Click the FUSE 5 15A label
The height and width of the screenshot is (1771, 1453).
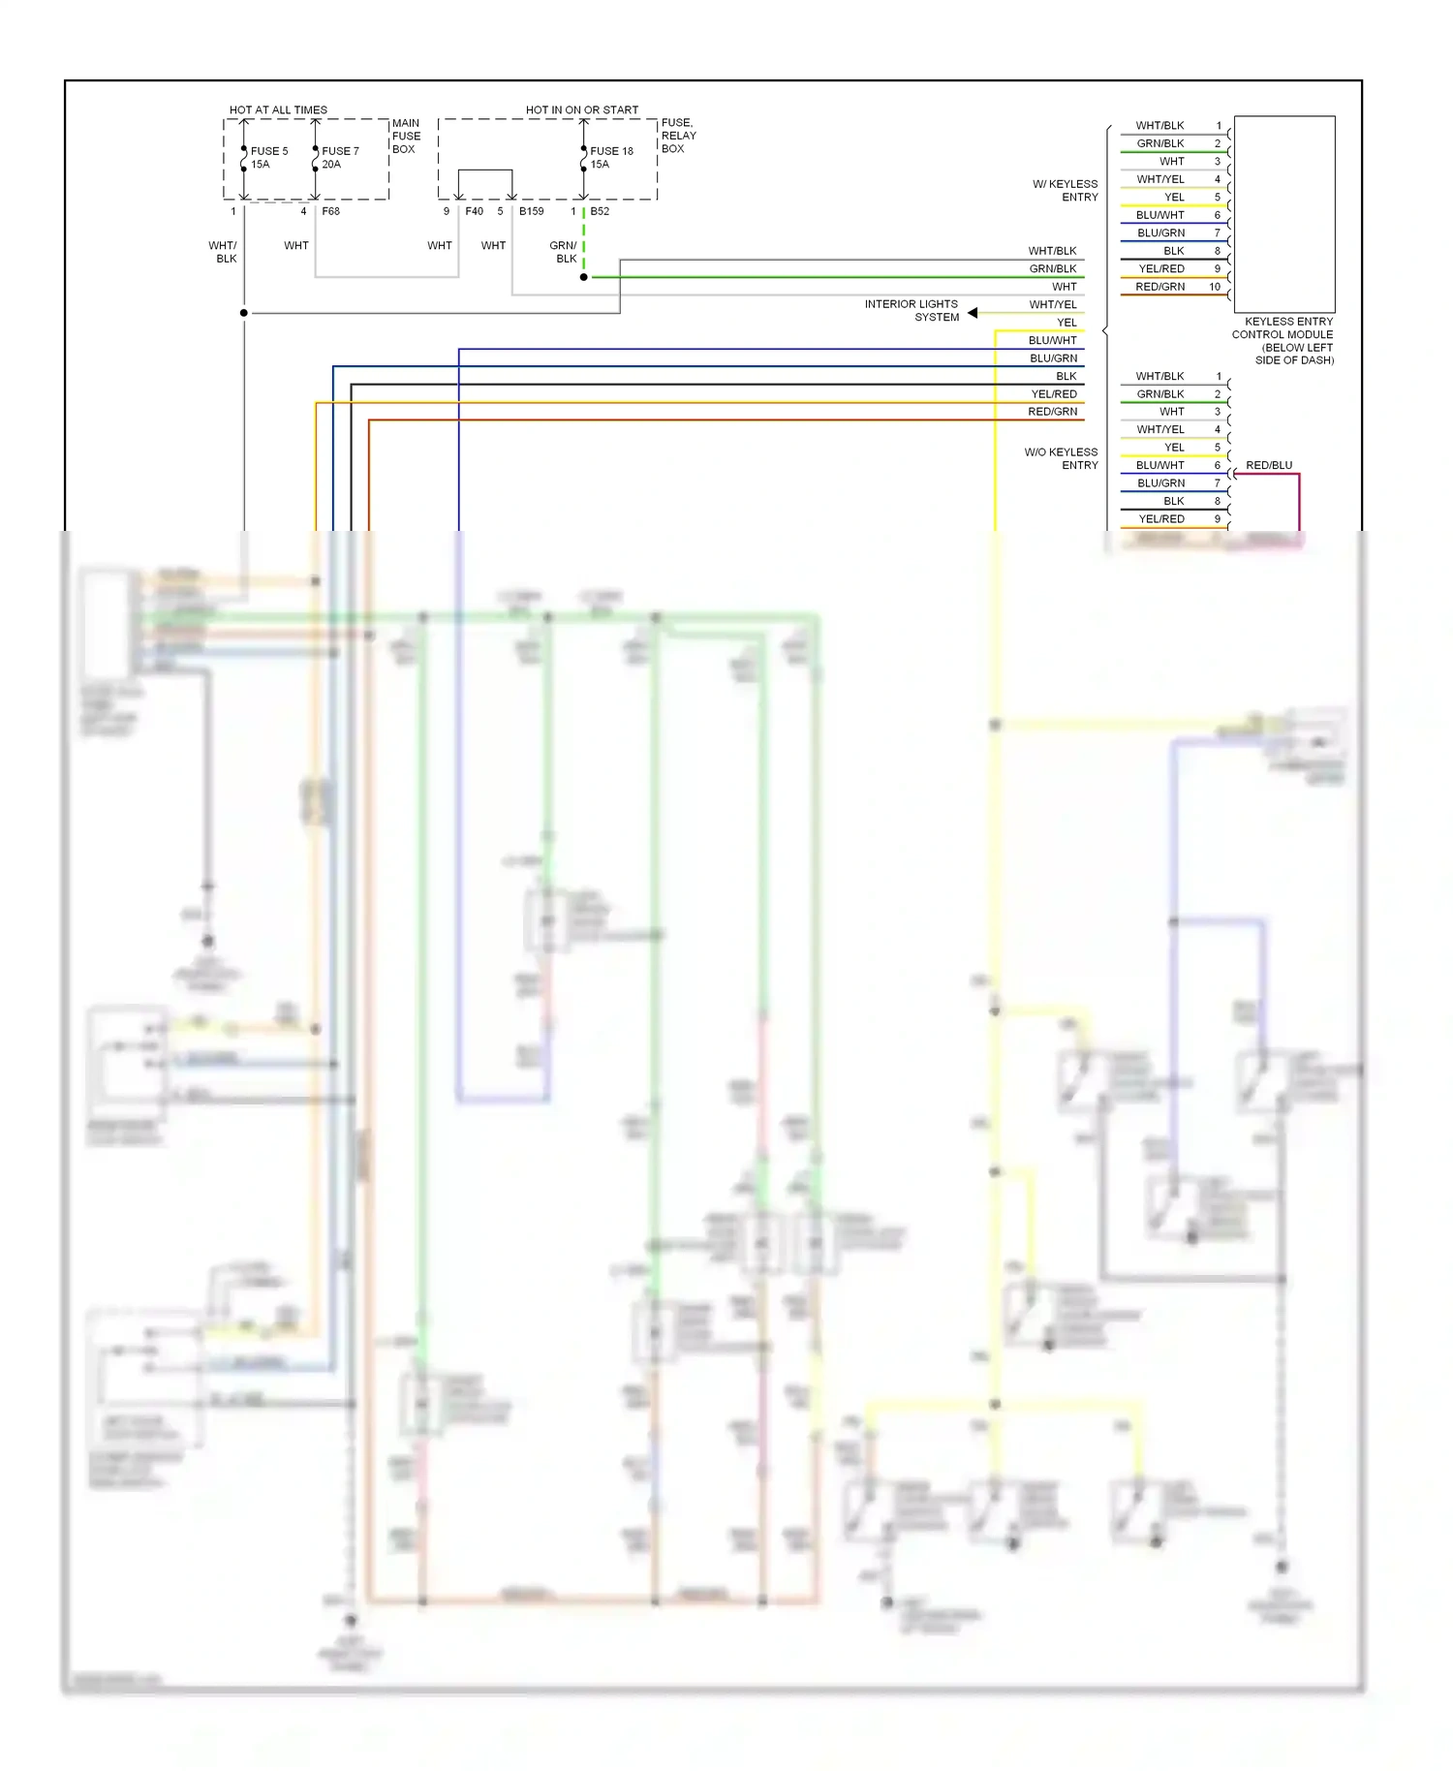[x=268, y=157]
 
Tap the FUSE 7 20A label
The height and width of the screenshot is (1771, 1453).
[x=339, y=157]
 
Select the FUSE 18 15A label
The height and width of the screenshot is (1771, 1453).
[x=610, y=157]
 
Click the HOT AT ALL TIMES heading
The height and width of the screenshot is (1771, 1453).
[x=278, y=109]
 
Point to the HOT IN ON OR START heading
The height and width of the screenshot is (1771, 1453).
[x=581, y=109]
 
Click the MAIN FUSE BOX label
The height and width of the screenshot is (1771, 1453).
[x=406, y=136]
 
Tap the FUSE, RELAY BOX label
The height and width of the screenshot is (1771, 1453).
[x=678, y=136]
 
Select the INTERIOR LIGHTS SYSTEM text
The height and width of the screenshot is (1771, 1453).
[x=912, y=310]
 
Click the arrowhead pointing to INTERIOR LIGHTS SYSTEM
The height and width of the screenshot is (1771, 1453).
[x=973, y=312]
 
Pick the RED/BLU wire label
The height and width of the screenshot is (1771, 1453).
[x=1268, y=465]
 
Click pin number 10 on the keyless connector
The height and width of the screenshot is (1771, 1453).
[x=1214, y=287]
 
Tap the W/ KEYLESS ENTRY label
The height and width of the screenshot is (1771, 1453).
[x=1066, y=190]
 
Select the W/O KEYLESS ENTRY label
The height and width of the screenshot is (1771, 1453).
[x=1062, y=458]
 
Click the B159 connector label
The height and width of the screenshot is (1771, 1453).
[x=531, y=211]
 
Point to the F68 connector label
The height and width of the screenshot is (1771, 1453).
[x=330, y=211]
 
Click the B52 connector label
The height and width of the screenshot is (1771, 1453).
[x=600, y=211]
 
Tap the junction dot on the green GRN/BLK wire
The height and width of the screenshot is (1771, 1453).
[x=583, y=277]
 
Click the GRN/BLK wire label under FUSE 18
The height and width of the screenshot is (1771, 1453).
[x=563, y=252]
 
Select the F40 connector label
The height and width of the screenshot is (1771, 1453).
[x=474, y=211]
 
